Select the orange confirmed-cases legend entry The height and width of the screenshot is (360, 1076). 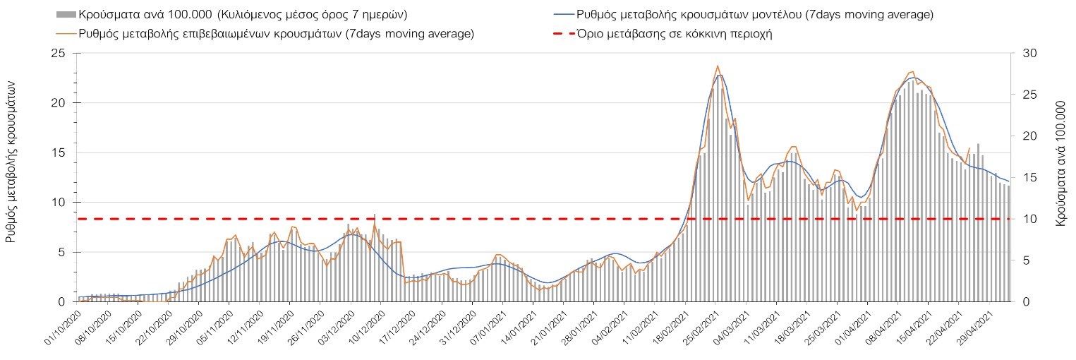click(x=264, y=34)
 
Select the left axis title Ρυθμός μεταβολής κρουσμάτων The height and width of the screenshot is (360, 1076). click(x=11, y=161)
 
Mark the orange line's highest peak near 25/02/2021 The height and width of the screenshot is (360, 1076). click(x=718, y=66)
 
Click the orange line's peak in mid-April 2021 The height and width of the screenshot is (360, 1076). click(x=912, y=72)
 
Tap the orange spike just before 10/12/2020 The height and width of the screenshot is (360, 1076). click(x=374, y=215)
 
